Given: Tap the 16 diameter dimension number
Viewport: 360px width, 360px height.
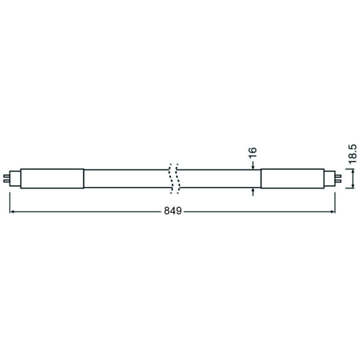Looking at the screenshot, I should (252, 152).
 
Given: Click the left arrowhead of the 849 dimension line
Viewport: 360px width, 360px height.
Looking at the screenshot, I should (12, 211).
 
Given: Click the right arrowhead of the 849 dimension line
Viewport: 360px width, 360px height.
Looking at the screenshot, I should (333, 211).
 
